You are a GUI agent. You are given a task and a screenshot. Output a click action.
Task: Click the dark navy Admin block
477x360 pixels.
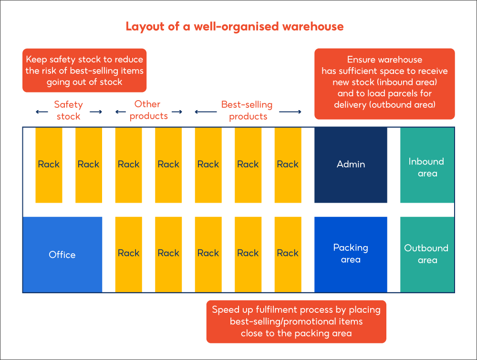pyautogui.click(x=351, y=165)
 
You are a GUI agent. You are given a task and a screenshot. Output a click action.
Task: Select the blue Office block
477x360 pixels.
pyautogui.click(x=62, y=255)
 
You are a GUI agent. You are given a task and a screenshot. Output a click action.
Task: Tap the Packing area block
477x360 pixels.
pyautogui.click(x=351, y=254)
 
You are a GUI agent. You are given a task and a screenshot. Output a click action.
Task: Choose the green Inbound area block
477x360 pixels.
pyautogui.click(x=427, y=165)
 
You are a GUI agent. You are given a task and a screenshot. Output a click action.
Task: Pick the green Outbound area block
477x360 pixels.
pyautogui.click(x=427, y=254)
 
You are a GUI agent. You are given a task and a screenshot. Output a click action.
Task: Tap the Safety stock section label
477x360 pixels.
pyautogui.click(x=69, y=110)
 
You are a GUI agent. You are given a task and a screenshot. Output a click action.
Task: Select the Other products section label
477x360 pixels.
pyautogui.click(x=148, y=110)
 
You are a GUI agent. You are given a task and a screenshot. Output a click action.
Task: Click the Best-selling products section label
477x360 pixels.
pyautogui.click(x=247, y=110)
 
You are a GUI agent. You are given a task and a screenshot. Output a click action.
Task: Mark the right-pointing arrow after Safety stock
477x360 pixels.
pyautogui.click(x=96, y=112)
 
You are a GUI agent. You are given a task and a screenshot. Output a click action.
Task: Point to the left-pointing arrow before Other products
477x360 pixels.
pyautogui.click(x=121, y=112)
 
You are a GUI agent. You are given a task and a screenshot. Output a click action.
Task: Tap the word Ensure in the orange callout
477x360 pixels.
pyautogui.click(x=361, y=60)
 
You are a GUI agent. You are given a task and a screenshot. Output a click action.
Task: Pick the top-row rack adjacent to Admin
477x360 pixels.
pyautogui.click(x=288, y=165)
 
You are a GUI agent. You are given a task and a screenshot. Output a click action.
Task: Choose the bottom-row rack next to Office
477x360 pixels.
pyautogui.click(x=128, y=254)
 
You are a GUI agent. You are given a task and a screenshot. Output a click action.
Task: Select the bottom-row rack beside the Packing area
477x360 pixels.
pyautogui.click(x=288, y=254)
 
